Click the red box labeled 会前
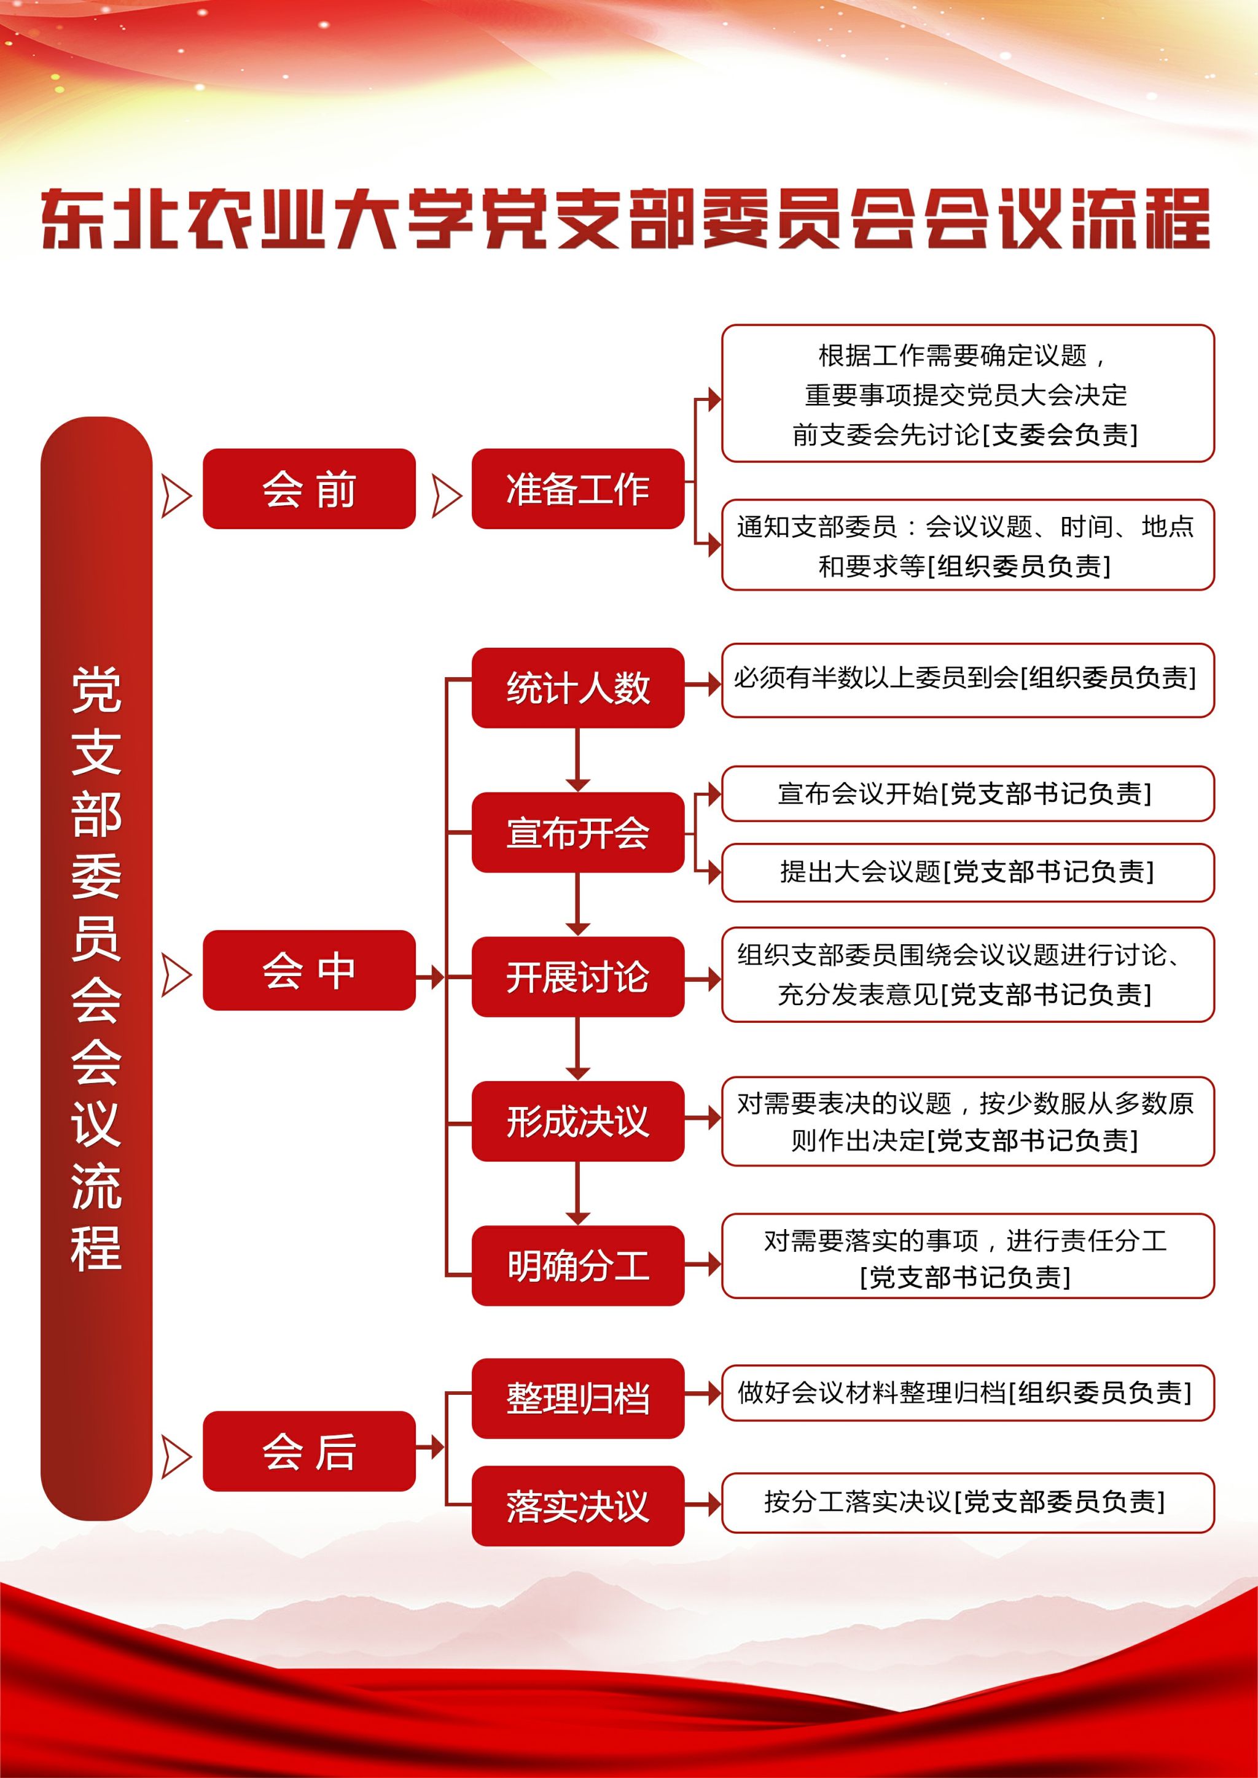point(309,489)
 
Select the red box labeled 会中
point(309,969)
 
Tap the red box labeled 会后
point(309,1450)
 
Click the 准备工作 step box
point(578,489)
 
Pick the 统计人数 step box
point(578,688)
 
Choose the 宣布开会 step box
point(578,833)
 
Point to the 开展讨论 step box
point(578,977)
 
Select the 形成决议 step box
point(578,1120)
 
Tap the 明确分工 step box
point(578,1265)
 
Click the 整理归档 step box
point(578,1398)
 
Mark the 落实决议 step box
point(578,1505)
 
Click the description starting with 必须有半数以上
point(967,679)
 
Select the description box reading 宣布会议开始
point(967,793)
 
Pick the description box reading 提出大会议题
point(967,872)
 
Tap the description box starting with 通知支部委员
point(967,546)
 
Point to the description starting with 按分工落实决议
point(967,1502)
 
